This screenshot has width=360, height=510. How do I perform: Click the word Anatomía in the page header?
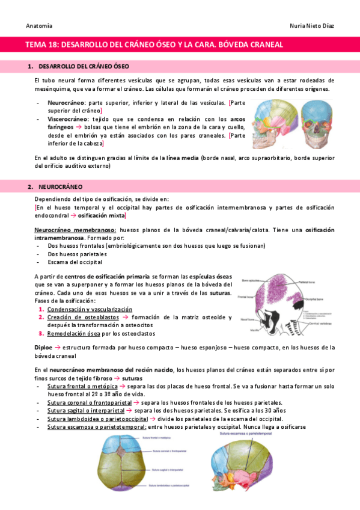point(39,26)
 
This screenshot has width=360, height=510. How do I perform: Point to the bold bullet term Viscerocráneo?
point(67,119)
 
